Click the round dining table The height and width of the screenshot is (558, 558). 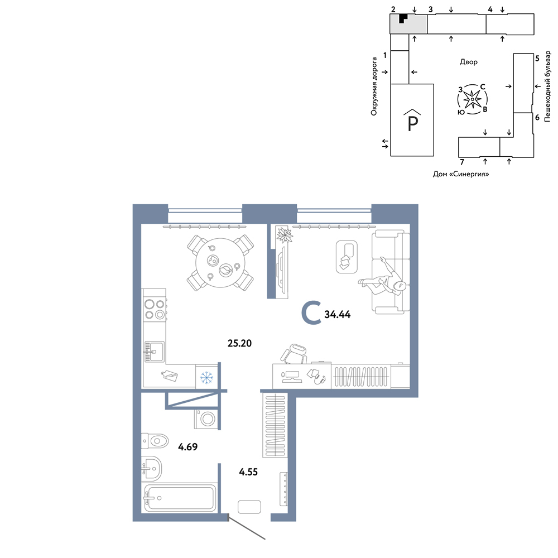(x=220, y=263)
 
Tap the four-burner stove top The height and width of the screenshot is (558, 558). (x=155, y=309)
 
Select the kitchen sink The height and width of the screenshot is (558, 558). (x=154, y=352)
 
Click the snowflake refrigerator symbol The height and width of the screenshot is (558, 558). (x=207, y=377)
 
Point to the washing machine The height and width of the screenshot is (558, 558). (x=206, y=419)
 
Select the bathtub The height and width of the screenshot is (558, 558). (x=179, y=497)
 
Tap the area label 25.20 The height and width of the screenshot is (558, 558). (x=239, y=343)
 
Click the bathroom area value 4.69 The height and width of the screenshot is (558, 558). (x=187, y=446)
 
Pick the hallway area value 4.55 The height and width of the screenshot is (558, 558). (x=248, y=472)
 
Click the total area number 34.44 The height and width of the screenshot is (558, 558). (x=338, y=314)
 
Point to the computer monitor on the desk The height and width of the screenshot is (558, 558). (x=292, y=377)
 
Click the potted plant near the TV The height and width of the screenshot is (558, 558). (x=284, y=235)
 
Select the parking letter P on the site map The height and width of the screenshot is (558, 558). (x=412, y=123)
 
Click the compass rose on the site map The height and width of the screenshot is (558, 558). (x=472, y=99)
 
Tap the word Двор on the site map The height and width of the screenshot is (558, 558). (x=468, y=62)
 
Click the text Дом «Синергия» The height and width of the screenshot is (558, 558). (x=461, y=174)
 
